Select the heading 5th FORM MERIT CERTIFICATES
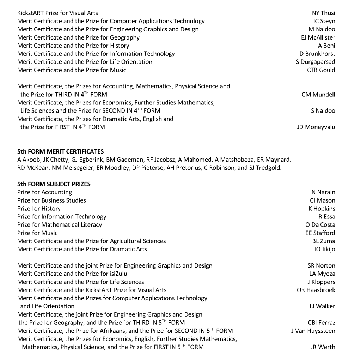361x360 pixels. coord(60,151)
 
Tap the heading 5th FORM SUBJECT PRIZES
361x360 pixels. coord(54,184)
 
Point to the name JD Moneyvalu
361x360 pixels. coord(316,127)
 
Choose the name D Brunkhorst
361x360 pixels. coord(317,54)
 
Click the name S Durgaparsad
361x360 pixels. coord(316,62)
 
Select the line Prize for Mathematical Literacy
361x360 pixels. coord(60,225)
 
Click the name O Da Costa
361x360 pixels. coord(320,225)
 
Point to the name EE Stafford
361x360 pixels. coord(320,233)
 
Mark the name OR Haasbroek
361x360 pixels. coord(316,290)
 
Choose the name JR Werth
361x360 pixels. coord(323,347)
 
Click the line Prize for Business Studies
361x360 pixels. coord(51,200)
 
